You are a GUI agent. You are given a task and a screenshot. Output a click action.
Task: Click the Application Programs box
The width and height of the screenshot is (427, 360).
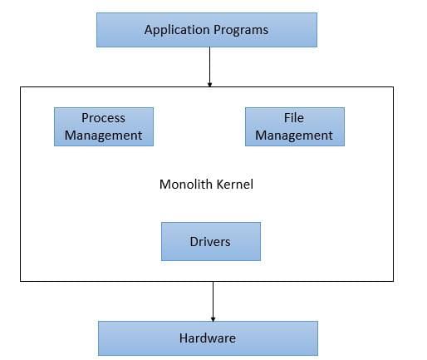click(x=207, y=30)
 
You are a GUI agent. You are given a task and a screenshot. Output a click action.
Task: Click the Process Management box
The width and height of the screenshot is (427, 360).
click(x=104, y=126)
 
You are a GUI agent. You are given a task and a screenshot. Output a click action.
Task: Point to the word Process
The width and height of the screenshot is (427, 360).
click(x=103, y=118)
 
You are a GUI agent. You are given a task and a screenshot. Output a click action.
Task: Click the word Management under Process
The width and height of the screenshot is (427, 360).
click(x=103, y=136)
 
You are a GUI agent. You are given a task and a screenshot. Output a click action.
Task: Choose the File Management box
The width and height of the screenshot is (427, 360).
click(x=295, y=126)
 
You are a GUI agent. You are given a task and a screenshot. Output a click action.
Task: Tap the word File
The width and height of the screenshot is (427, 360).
click(x=294, y=118)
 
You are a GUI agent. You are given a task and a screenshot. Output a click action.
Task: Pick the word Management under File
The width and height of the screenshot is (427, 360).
click(x=294, y=136)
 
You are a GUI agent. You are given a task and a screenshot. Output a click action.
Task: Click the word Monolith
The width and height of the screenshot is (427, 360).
click(x=186, y=185)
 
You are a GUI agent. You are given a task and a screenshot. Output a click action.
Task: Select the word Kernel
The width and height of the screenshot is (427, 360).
click(x=234, y=185)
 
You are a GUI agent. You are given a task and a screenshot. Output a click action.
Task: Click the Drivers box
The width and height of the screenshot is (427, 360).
click(x=211, y=241)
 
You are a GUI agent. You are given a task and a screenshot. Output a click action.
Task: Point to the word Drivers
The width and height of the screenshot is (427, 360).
click(x=210, y=242)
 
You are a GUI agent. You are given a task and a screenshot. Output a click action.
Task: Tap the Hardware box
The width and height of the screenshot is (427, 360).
click(x=208, y=338)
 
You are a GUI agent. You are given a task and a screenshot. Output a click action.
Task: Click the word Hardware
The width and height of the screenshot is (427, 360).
click(x=208, y=338)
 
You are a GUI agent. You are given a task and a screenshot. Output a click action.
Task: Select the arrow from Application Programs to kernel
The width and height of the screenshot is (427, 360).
click(x=209, y=67)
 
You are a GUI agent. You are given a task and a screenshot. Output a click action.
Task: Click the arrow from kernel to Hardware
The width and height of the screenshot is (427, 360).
click(x=213, y=302)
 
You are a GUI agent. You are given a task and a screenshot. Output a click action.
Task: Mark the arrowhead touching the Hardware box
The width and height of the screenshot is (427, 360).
click(x=213, y=319)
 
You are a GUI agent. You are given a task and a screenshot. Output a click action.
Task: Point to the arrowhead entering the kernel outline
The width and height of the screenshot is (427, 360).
click(x=209, y=85)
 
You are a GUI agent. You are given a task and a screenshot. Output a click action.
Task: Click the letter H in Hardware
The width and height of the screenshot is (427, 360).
click(x=183, y=338)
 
